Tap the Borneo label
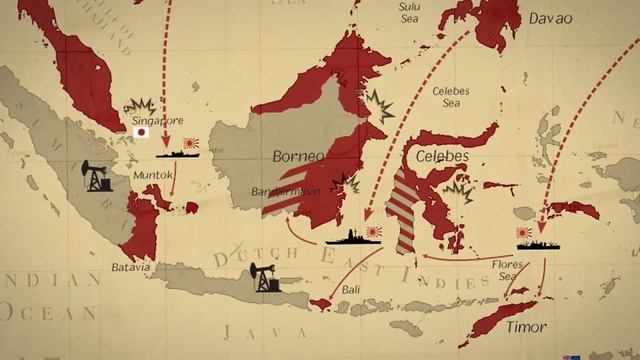(x=298, y=157)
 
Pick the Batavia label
(x=131, y=267)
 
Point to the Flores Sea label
(x=505, y=270)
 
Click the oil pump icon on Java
(x=265, y=276)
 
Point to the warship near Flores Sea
(x=539, y=242)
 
